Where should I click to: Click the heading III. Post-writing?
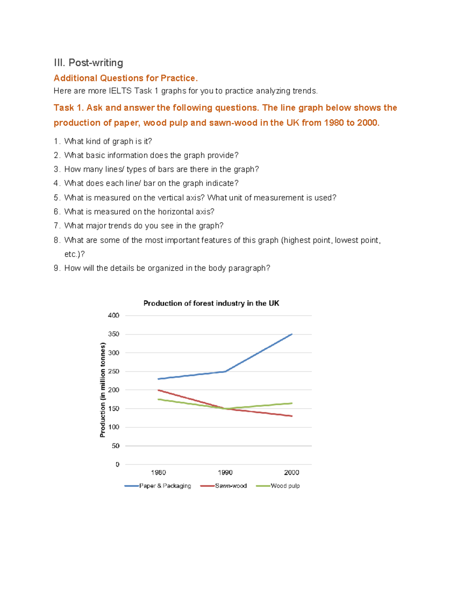tap(88, 63)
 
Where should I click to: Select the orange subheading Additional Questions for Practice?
tap(126, 78)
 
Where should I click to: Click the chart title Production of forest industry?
tap(211, 303)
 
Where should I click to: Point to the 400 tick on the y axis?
tap(113, 315)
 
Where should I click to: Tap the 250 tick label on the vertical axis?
tap(113, 371)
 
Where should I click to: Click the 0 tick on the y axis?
tap(117, 464)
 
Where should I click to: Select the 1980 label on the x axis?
tap(158, 473)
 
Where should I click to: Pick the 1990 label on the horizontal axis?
tap(225, 473)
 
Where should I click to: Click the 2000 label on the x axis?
tap(292, 473)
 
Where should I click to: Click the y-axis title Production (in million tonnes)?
tap(102, 390)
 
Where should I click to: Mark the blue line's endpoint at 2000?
tap(292, 334)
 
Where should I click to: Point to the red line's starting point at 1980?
tap(158, 390)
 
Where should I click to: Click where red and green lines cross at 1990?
tap(225, 408)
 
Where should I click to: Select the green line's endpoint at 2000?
tap(292, 403)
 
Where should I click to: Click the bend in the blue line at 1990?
tap(225, 371)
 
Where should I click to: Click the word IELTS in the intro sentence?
tap(120, 91)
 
